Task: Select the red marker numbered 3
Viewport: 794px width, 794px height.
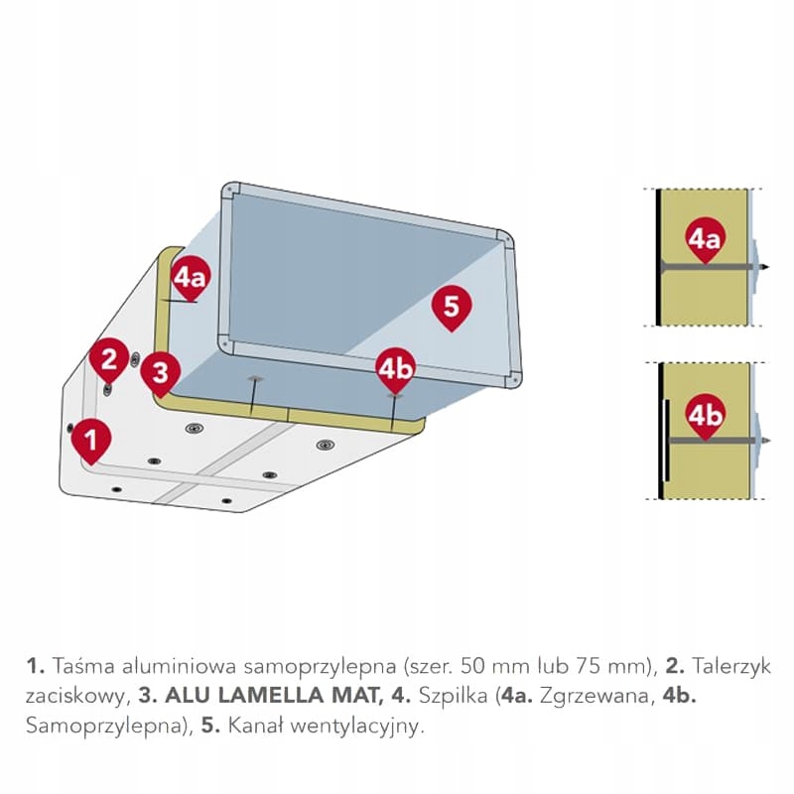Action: point(160,373)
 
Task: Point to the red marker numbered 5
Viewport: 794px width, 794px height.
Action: point(452,307)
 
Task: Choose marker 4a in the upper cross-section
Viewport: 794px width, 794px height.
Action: point(705,238)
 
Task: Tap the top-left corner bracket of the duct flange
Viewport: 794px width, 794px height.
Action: point(230,189)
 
